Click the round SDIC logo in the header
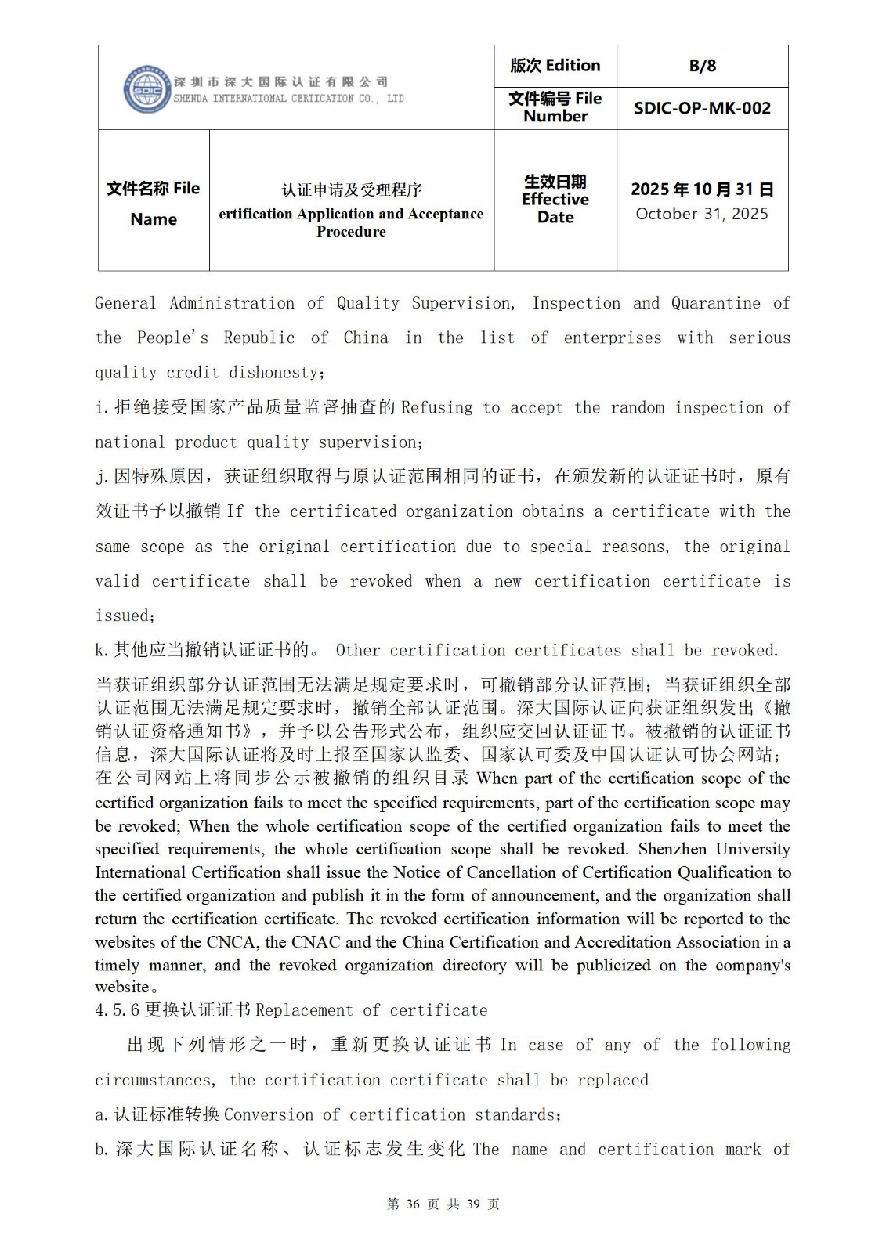click(x=146, y=89)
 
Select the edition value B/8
click(x=702, y=66)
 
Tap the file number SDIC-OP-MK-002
click(x=702, y=108)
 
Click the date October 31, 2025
click(x=702, y=214)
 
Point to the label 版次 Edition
click(x=555, y=66)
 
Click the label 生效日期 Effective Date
click(x=555, y=199)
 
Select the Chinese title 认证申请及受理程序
click(x=352, y=190)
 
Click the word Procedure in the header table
click(x=351, y=232)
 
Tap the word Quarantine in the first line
click(x=715, y=303)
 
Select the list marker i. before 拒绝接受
click(x=101, y=408)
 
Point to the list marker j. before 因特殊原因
click(x=101, y=477)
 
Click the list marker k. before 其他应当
click(x=101, y=651)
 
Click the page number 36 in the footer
click(x=414, y=1204)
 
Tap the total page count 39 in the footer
click(x=472, y=1204)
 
